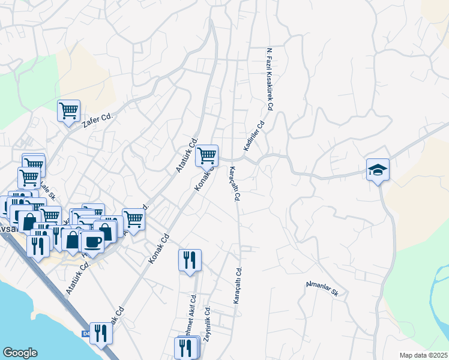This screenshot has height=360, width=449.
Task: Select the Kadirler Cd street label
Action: click(254, 137)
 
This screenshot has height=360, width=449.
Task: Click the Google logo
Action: click(20, 353)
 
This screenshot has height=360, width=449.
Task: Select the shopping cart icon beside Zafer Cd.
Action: click(69, 110)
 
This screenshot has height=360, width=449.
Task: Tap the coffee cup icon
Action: click(92, 241)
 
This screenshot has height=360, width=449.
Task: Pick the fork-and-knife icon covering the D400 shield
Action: click(101, 333)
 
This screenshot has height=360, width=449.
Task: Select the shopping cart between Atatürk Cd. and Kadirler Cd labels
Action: click(207, 155)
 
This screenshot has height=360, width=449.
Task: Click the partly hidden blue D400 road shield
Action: click(85, 334)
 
